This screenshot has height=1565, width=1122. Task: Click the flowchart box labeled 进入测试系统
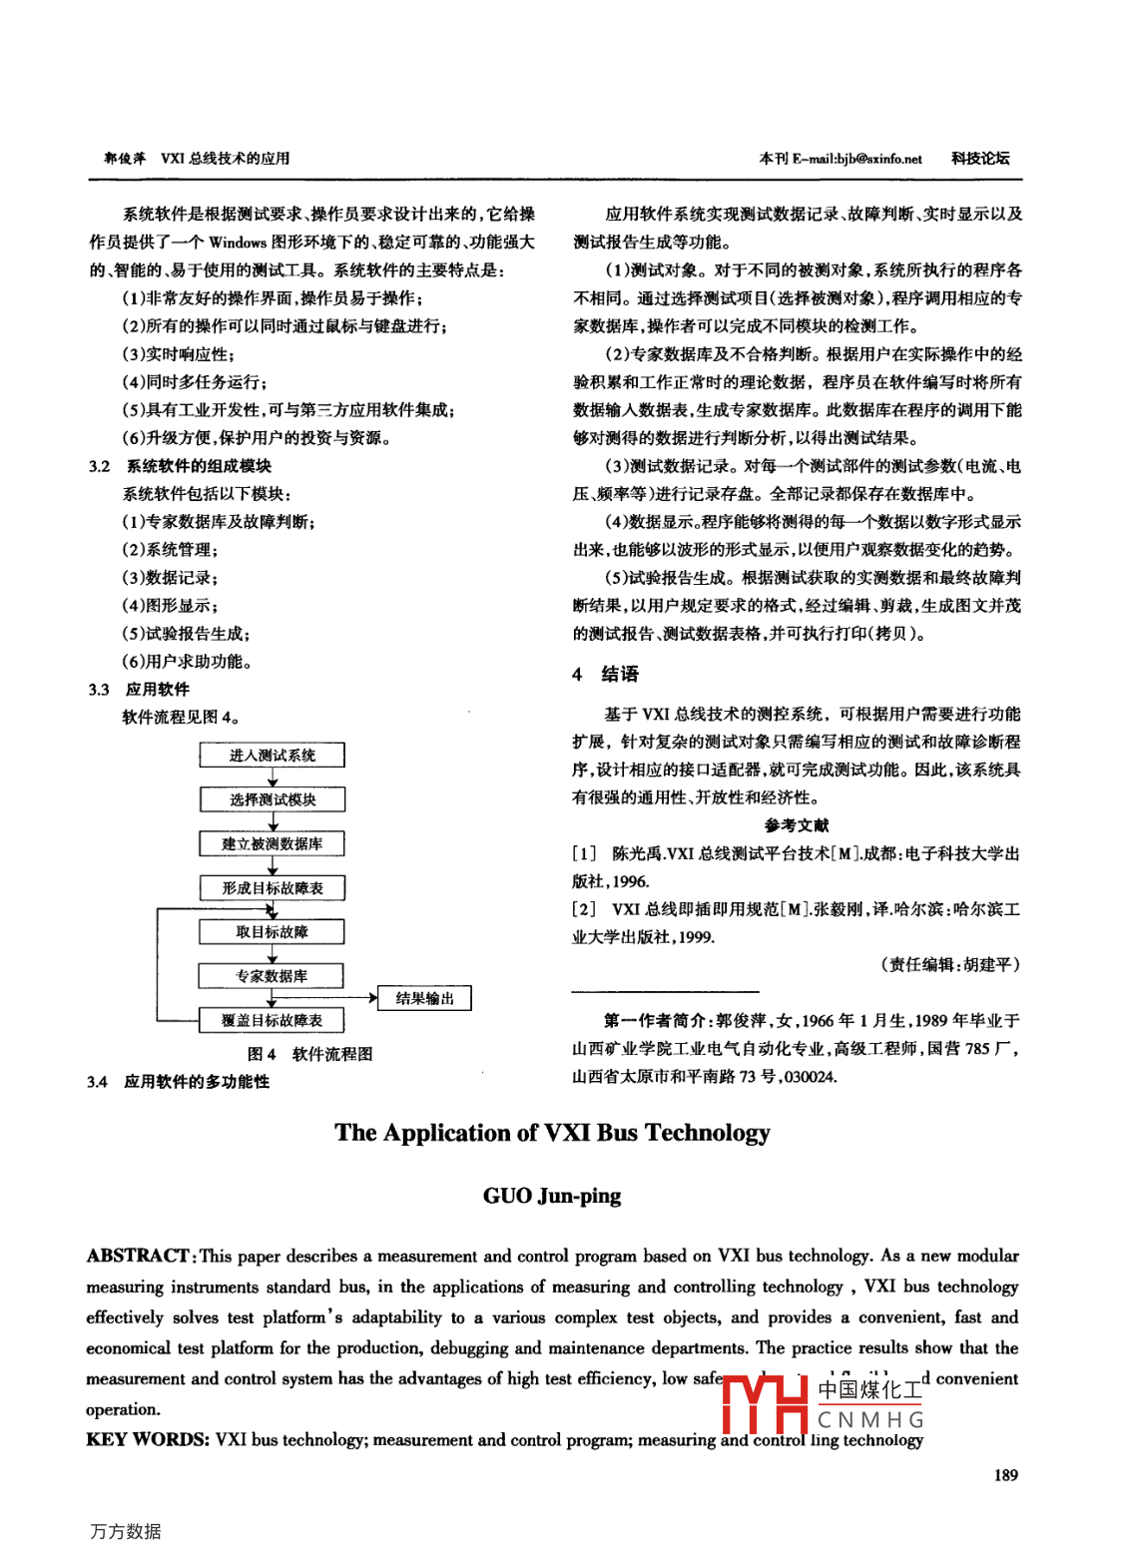tap(272, 756)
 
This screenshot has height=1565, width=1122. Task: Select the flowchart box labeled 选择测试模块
tap(272, 799)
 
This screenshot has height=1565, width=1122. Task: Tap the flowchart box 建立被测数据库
tap(272, 844)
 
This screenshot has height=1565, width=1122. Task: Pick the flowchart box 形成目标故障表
tap(272, 888)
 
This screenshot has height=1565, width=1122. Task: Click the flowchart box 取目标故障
tap(272, 932)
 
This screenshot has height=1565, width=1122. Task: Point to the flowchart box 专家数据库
tap(272, 976)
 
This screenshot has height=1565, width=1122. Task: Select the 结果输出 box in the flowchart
tap(424, 998)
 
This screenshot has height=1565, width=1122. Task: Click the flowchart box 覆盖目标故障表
tap(272, 1020)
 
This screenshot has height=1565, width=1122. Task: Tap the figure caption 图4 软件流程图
tap(309, 1054)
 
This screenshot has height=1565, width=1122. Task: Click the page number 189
tap(1006, 1475)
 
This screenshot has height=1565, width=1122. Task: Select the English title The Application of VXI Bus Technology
tap(552, 1133)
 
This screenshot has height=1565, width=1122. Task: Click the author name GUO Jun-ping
tap(552, 1196)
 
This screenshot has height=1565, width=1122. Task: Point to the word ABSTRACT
tap(138, 1256)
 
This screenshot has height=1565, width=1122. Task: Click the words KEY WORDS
tap(147, 1439)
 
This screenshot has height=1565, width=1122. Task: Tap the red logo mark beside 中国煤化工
tap(765, 1403)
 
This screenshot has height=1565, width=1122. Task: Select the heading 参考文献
tap(796, 825)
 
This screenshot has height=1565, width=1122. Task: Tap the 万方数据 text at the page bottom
tap(126, 1531)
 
